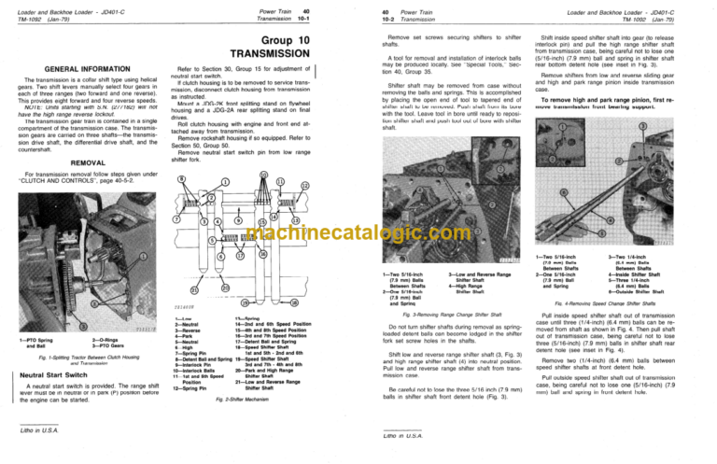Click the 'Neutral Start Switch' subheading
59,377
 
